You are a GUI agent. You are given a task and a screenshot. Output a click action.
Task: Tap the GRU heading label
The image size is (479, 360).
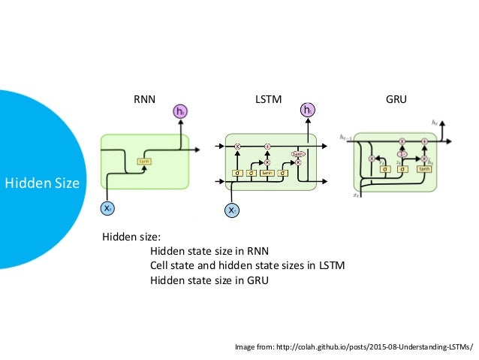pyautogui.click(x=395, y=99)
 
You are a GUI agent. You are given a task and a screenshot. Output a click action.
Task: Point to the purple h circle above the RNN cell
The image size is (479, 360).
pyautogui.click(x=180, y=112)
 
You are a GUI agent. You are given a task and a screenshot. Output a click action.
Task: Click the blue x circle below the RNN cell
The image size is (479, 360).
pyautogui.click(x=109, y=207)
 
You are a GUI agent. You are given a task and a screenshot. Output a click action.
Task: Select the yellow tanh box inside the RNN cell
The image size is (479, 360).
pyautogui.click(x=143, y=161)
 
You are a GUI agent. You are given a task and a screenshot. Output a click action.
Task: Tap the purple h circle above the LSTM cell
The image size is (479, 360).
pyautogui.click(x=307, y=111)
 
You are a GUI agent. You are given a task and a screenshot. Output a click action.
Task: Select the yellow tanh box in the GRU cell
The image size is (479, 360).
pyautogui.click(x=423, y=169)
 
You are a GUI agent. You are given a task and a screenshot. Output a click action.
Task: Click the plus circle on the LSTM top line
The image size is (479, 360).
pyautogui.click(x=267, y=145)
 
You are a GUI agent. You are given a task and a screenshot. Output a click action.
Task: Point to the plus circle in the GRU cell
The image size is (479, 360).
pyautogui.click(x=424, y=141)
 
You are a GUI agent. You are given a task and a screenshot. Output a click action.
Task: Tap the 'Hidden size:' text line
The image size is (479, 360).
pyautogui.click(x=126, y=237)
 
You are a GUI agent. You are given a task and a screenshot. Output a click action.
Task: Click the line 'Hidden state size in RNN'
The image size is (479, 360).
pyautogui.click(x=209, y=251)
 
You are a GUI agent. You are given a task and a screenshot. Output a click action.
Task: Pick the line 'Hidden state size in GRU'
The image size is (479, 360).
pyautogui.click(x=209, y=281)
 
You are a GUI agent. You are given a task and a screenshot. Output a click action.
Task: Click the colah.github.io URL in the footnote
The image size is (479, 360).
pyautogui.click(x=378, y=346)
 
